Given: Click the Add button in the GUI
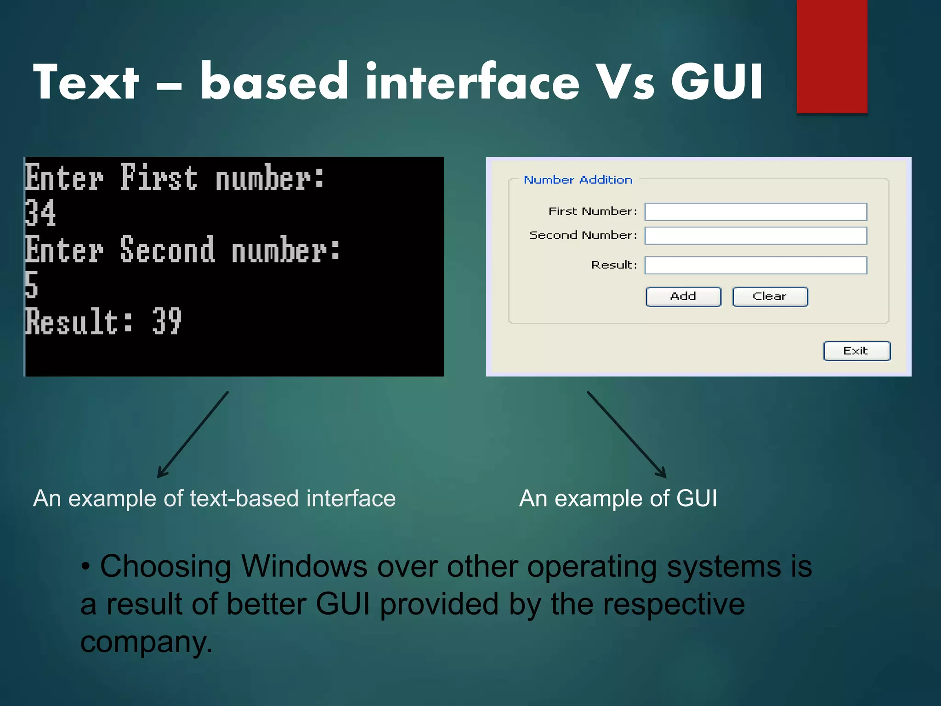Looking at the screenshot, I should tap(683, 296).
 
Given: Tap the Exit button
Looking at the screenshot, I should tap(856, 351).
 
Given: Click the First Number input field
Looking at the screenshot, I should tap(755, 212).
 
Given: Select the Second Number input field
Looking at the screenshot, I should tap(755, 236).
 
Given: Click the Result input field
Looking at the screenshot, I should tap(755, 265).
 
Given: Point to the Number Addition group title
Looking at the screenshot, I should tap(578, 180).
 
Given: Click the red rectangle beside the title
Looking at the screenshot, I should tap(832, 56).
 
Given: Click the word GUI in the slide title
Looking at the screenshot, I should tap(717, 82).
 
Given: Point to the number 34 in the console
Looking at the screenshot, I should tap(40, 213).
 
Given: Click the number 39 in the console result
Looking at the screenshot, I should tap(167, 321).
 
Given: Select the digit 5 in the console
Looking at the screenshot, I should tap(31, 285).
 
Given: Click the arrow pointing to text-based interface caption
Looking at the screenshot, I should tap(193, 434).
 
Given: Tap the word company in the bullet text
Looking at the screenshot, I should tap(146, 642).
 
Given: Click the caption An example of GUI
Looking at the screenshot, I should tap(618, 498).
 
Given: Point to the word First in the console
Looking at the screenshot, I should tap(159, 178).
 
